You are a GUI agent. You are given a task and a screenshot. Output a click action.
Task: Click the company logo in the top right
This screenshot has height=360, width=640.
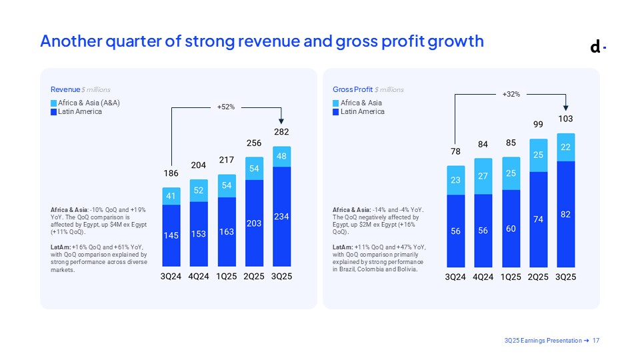point(598,47)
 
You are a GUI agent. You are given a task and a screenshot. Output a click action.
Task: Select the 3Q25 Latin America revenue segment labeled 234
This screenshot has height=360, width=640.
point(282,217)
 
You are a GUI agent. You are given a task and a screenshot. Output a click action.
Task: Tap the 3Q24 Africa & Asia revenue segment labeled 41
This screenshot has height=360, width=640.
point(171,196)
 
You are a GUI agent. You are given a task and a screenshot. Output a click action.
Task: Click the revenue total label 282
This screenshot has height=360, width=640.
point(282,133)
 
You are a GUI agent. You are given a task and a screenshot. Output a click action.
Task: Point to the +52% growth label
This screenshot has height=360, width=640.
point(227,107)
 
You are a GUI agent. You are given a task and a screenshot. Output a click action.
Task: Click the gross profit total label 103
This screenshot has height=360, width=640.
point(566,119)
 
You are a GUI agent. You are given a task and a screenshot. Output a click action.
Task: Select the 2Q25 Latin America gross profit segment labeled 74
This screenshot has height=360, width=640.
point(539,219)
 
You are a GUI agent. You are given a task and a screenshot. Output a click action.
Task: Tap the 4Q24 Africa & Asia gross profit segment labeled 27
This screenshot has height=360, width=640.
point(483,176)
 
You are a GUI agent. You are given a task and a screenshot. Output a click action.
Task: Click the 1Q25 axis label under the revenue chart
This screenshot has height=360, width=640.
point(227,276)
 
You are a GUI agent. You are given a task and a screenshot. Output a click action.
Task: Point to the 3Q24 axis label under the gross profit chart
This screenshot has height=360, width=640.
point(455,276)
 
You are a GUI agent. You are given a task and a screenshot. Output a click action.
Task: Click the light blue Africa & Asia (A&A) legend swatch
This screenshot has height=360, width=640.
point(54,103)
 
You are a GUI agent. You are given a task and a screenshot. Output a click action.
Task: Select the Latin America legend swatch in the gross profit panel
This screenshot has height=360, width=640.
point(336,112)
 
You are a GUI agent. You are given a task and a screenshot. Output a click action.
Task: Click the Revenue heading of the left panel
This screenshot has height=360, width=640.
point(65,89)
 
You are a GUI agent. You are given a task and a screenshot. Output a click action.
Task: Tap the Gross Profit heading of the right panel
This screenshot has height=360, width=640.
point(352,89)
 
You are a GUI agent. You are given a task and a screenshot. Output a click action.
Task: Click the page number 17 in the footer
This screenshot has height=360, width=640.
point(596,341)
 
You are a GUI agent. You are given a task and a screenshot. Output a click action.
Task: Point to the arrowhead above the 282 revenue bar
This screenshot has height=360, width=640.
point(282,121)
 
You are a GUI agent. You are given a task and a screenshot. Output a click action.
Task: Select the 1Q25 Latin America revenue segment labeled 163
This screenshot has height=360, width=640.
point(227,232)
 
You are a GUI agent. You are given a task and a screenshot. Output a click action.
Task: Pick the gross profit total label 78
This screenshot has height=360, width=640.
point(455,152)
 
